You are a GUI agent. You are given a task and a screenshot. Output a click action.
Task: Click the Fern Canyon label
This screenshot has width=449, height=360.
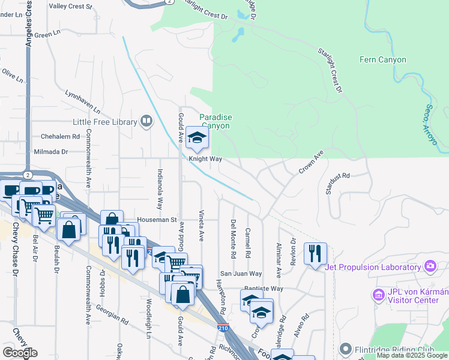tap(382, 59)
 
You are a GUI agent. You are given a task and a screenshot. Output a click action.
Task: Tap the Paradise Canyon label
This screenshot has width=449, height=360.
tap(215, 122)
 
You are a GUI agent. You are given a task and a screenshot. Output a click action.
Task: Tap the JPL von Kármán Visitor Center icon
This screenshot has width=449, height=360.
tap(379, 295)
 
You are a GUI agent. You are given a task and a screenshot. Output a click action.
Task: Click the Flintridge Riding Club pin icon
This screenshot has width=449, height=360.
tap(345, 349)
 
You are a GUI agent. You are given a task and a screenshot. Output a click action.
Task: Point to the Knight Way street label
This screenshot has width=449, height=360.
tap(206, 160)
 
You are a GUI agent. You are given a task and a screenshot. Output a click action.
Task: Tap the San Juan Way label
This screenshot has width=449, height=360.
tap(240, 273)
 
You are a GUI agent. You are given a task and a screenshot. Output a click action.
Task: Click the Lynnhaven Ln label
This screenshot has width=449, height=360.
tap(82, 103)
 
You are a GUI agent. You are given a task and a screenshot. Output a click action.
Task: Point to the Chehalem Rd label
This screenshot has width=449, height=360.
tap(60, 136)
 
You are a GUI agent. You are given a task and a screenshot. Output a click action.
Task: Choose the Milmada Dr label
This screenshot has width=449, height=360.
tap(52, 152)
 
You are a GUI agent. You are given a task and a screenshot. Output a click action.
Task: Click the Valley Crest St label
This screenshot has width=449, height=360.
tap(70, 7)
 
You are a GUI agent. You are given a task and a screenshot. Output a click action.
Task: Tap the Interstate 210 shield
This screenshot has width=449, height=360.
tap(223, 328)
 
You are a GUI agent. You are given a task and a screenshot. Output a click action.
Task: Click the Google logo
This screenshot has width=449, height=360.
tap(20, 353)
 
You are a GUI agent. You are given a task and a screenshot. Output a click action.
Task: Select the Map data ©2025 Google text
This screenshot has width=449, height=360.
tap(412, 356)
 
